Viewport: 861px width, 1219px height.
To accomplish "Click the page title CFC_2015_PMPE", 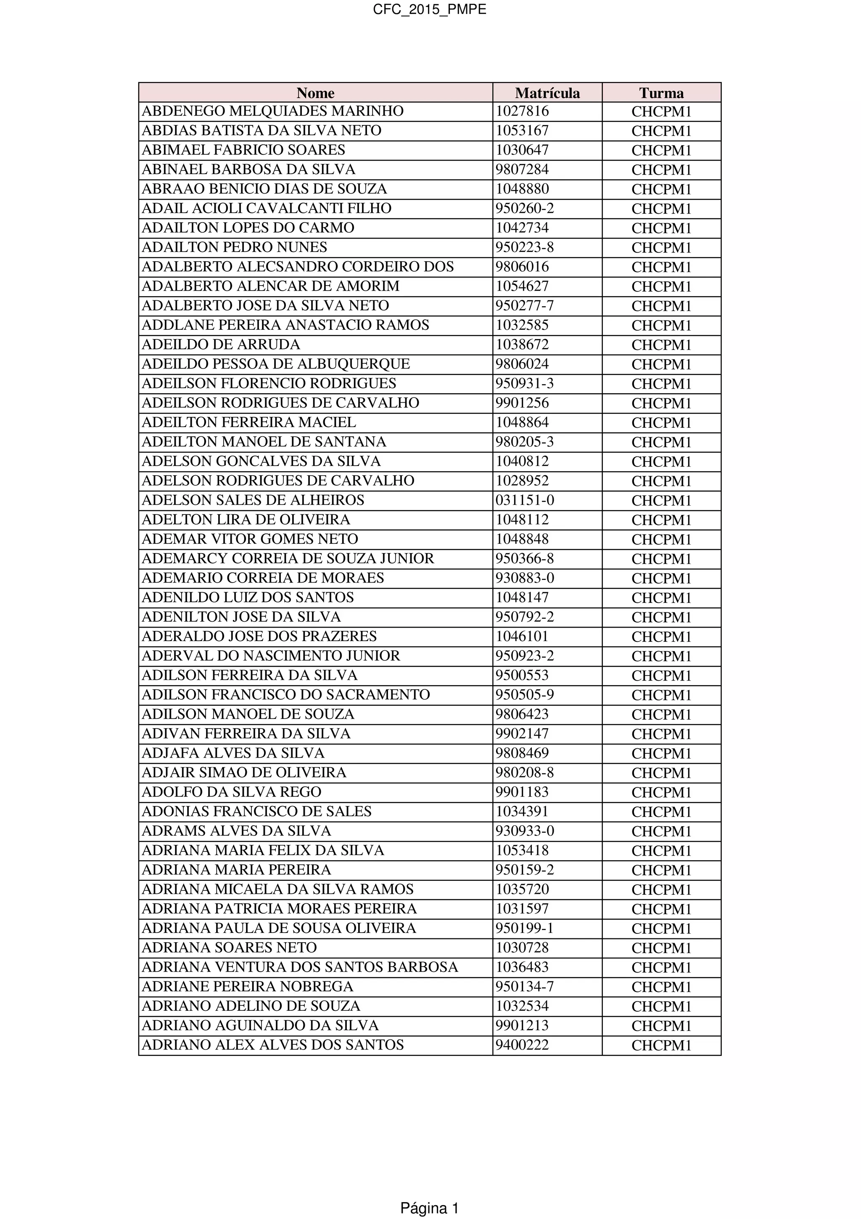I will pyautogui.click(x=429, y=10).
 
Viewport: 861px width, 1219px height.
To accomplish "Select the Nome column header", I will pyautogui.click(x=315, y=93).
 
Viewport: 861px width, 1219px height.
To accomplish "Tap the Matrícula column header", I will pyautogui.click(x=547, y=93).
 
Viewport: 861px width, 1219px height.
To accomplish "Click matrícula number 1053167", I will pyautogui.click(x=522, y=130).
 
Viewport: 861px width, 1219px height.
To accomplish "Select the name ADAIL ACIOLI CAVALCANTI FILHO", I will pyautogui.click(x=266, y=209).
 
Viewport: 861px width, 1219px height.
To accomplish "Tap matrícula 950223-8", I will pyautogui.click(x=524, y=247).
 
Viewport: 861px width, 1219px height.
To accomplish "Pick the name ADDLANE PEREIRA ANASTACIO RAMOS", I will pyautogui.click(x=285, y=325).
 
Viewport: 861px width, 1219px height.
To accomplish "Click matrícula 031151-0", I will pyautogui.click(x=524, y=500).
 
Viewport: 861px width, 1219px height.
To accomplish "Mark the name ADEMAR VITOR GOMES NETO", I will pyautogui.click(x=249, y=539).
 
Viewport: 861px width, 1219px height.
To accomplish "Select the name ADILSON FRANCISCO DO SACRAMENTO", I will pyautogui.click(x=285, y=694).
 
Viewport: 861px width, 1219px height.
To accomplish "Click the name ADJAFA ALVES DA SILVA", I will pyautogui.click(x=233, y=753).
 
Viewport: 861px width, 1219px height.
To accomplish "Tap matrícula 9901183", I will pyautogui.click(x=522, y=792).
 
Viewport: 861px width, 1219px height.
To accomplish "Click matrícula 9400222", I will pyautogui.click(x=522, y=1045).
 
